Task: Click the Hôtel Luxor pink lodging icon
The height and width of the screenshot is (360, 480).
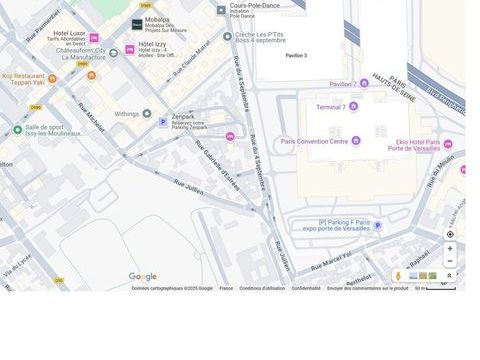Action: (94, 38)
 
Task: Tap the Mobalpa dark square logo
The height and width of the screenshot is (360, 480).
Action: (137, 24)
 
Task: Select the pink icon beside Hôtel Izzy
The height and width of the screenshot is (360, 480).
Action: (129, 49)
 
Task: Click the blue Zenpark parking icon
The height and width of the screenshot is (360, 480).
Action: (164, 122)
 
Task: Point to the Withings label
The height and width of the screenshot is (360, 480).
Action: (127, 113)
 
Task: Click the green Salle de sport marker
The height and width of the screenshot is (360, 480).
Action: (17, 130)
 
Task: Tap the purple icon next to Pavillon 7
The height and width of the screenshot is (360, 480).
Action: (364, 83)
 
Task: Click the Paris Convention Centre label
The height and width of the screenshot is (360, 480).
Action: (314, 141)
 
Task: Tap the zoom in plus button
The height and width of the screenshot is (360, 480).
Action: (450, 248)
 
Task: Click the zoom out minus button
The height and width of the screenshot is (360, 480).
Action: (450, 261)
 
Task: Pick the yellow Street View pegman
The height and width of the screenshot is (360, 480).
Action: (398, 276)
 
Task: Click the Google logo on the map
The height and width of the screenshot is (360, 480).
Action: (142, 277)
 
